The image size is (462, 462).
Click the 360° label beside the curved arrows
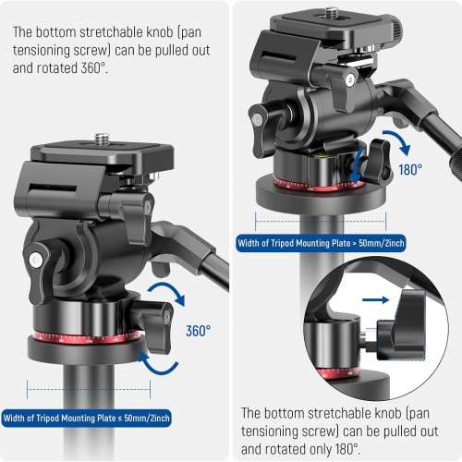198,329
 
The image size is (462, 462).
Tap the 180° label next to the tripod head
412,170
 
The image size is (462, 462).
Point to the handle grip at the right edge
453,167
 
